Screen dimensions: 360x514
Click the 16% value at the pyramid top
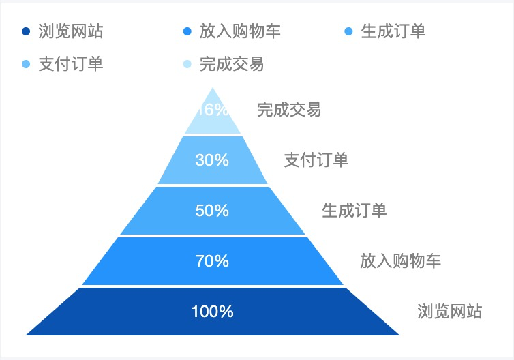click(212, 110)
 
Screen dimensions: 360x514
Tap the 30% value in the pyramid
click(212, 160)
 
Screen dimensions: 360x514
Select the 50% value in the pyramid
click(212, 211)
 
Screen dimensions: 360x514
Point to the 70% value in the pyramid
click(212, 261)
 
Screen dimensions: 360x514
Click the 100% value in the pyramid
click(212, 312)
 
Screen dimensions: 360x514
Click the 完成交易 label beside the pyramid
click(288, 110)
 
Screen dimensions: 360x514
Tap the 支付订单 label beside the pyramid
click(316, 160)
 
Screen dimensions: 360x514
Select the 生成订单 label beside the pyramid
click(354, 211)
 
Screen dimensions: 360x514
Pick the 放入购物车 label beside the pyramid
click(400, 261)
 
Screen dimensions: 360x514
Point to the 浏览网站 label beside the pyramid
click(449, 312)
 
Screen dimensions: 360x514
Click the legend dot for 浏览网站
click(26, 31)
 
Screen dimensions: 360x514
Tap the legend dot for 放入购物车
click(187, 31)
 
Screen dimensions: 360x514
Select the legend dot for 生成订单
click(349, 31)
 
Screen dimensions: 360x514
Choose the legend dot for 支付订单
click(26, 65)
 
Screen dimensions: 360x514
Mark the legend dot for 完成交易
click(187, 65)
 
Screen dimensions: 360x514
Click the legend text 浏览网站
click(71, 31)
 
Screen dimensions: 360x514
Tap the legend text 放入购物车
click(240, 31)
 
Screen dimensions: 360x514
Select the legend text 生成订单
click(393, 31)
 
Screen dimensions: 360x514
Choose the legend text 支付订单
click(71, 65)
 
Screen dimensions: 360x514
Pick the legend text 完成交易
click(232, 65)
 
